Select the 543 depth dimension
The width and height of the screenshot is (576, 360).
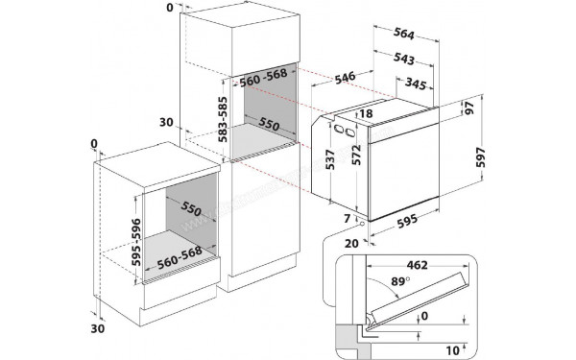[x=404, y=60]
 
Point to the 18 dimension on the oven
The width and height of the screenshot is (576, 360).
[x=367, y=114]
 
